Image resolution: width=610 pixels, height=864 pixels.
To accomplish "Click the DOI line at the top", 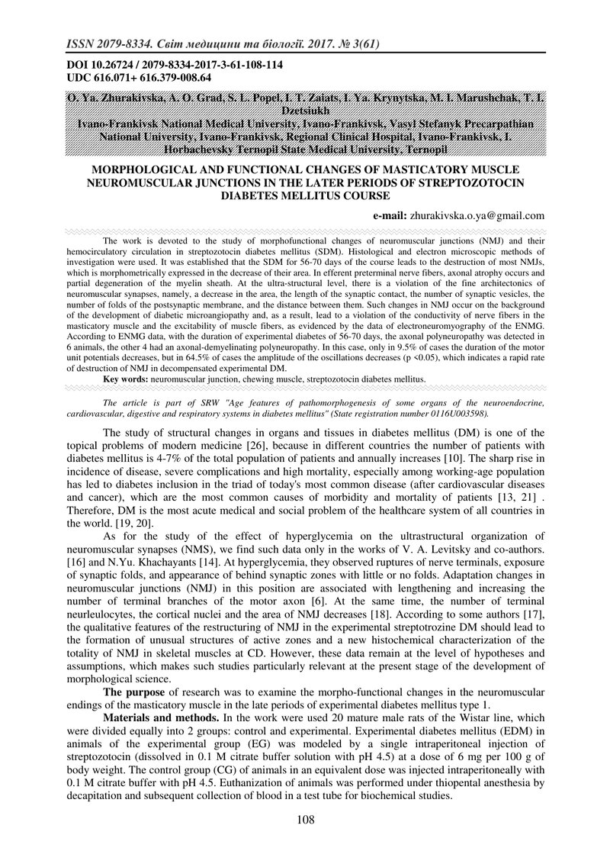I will tap(175, 66).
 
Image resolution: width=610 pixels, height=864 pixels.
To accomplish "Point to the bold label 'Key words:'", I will tap(126, 379).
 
